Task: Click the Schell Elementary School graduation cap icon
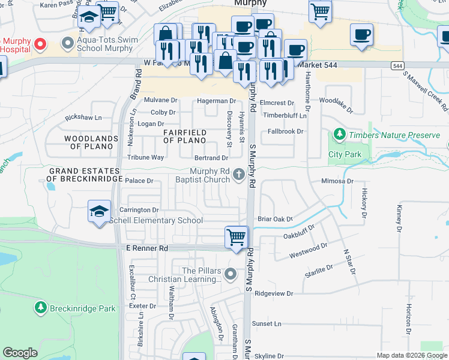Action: click(100, 212)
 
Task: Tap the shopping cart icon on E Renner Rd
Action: click(237, 237)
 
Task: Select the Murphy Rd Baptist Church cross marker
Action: click(239, 175)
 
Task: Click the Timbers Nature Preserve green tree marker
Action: click(339, 134)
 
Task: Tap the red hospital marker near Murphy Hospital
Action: click(40, 44)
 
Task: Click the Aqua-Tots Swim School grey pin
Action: click(65, 44)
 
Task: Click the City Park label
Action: click(345, 154)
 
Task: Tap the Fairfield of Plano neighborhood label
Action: click(185, 136)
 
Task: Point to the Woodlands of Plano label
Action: click(90, 143)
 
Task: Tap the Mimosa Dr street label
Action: click(336, 180)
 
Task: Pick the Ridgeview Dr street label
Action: click(273, 293)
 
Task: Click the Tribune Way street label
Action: click(145, 157)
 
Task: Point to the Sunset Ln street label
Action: click(267, 323)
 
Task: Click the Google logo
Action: click(20, 353)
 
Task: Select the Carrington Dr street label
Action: click(138, 210)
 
